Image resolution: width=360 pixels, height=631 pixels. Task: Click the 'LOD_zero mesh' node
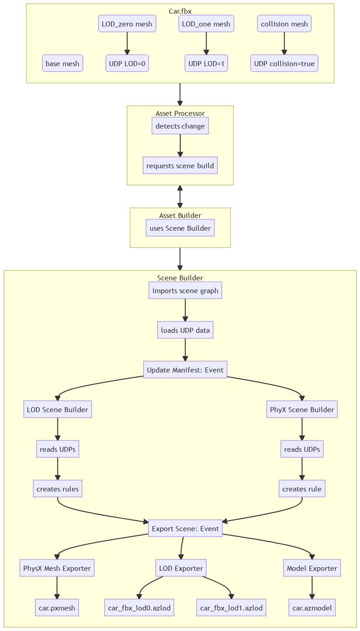pyautogui.click(x=127, y=24)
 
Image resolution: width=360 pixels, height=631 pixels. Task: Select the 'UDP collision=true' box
pyautogui.click(x=284, y=64)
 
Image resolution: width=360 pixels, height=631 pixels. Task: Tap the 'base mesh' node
pyautogui.click(x=63, y=64)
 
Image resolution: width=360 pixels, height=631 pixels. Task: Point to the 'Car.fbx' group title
pyautogui.click(x=180, y=11)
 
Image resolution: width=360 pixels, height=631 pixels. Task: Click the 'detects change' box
pyautogui.click(x=180, y=126)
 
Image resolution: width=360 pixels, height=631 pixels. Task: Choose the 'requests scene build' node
pyautogui.click(x=180, y=166)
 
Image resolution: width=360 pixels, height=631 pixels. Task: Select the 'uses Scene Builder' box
pyautogui.click(x=180, y=228)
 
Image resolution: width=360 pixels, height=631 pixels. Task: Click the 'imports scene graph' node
pyautogui.click(x=185, y=290)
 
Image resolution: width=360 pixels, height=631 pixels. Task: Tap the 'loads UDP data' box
pyautogui.click(x=185, y=330)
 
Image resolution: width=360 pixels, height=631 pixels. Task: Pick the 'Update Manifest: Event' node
pyautogui.click(x=185, y=370)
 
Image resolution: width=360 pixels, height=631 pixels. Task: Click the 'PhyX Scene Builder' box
pyautogui.click(x=302, y=409)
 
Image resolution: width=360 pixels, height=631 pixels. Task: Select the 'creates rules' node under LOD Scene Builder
pyautogui.click(x=57, y=489)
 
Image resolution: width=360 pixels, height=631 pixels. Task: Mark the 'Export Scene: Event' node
pyautogui.click(x=185, y=528)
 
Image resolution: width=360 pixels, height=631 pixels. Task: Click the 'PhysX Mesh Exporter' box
pyautogui.click(x=57, y=569)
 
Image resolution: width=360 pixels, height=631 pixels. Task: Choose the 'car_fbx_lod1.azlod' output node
pyautogui.click(x=231, y=608)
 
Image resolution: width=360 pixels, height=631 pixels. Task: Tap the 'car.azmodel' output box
pyautogui.click(x=312, y=608)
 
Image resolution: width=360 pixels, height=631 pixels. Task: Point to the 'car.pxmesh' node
pyautogui.click(x=57, y=608)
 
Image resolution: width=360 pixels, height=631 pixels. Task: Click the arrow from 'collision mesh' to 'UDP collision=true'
pyautogui.click(x=284, y=44)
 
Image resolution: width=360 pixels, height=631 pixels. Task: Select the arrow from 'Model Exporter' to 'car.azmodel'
pyautogui.click(x=312, y=588)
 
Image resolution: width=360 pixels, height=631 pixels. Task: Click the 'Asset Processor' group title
pyautogui.click(x=180, y=113)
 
